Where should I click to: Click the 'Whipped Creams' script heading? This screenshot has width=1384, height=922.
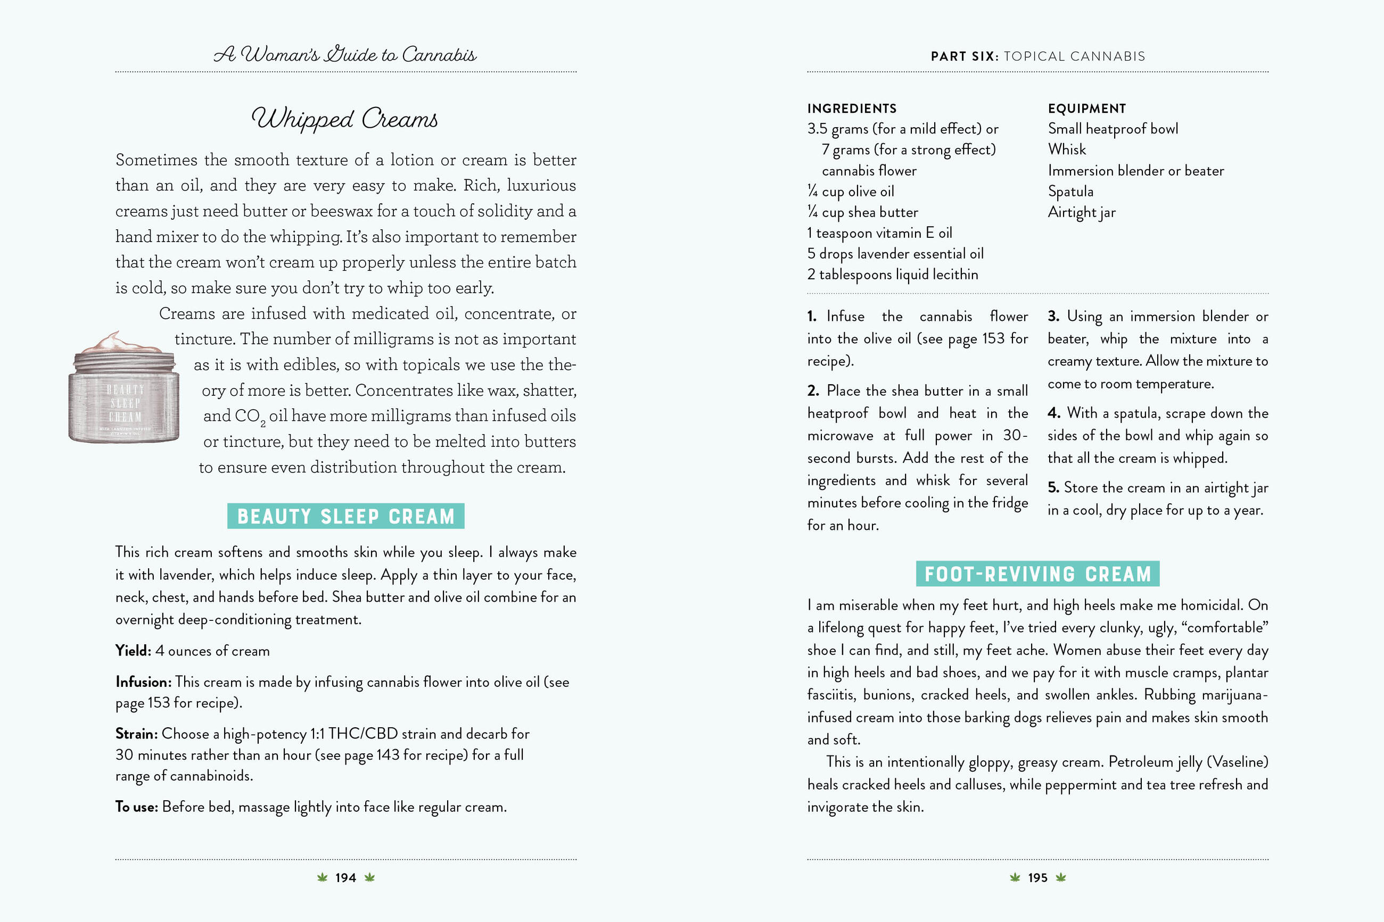point(345,119)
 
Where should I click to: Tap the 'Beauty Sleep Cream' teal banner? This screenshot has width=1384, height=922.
point(346,516)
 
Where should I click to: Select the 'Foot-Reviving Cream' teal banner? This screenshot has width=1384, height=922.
point(1037,574)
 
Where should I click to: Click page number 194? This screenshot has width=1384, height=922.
point(345,878)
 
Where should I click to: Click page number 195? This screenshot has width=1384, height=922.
point(1037,878)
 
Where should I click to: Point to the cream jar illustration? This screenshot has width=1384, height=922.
point(124,394)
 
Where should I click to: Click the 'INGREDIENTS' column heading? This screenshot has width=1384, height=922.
point(852,109)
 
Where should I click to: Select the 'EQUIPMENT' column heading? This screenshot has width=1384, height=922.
point(1086,109)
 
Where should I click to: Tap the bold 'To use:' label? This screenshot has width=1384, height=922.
point(136,807)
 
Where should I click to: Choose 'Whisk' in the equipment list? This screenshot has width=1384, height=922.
point(1066,149)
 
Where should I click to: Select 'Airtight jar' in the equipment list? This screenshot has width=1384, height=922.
point(1081,212)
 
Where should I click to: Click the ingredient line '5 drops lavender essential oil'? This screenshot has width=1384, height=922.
point(895,254)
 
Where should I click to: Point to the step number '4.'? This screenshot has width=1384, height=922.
point(1053,413)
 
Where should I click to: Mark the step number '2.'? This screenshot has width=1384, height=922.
point(813,391)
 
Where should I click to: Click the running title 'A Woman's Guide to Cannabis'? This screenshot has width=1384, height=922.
point(345,55)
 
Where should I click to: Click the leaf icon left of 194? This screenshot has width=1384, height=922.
point(322,878)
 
